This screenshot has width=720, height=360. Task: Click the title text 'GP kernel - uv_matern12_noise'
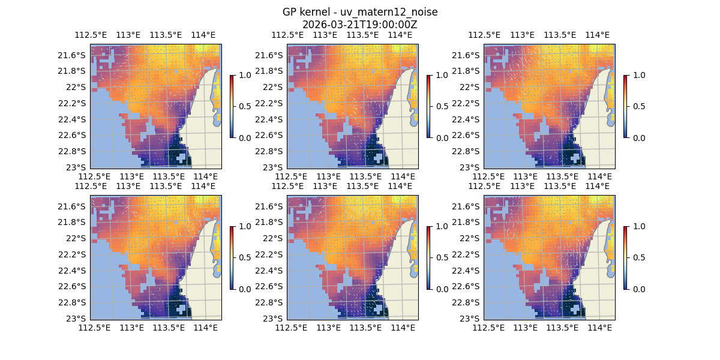pos(360,13)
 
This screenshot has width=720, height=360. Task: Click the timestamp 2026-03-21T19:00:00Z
pos(360,25)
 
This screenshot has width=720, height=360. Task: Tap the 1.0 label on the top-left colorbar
pos(244,76)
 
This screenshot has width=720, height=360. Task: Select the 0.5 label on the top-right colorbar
pos(638,106)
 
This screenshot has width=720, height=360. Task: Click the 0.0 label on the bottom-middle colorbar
pos(441,289)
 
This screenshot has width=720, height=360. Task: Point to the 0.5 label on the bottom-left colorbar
pos(244,257)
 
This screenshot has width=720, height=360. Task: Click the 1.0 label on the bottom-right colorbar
pos(638,227)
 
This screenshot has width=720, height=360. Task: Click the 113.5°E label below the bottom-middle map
pos(365,328)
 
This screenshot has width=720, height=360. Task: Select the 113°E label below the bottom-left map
pos(131,328)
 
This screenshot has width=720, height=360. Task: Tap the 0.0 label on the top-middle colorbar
pos(441,137)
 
